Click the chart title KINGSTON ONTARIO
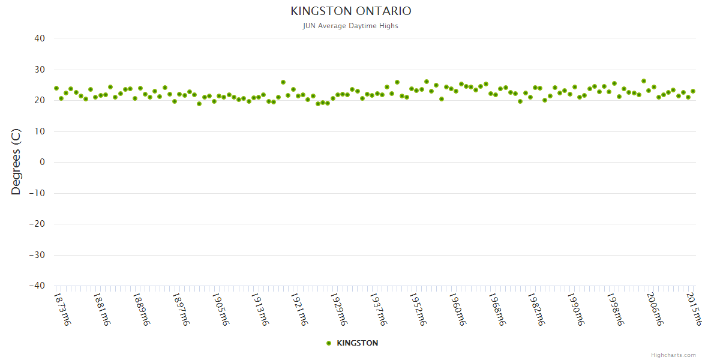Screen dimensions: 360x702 [x=351, y=11]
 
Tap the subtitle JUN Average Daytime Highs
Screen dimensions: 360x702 [x=351, y=26]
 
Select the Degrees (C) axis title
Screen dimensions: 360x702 [x=16, y=162]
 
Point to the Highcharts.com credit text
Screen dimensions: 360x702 [x=673, y=355]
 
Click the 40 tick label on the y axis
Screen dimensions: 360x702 [x=40, y=38]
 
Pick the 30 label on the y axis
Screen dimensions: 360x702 [x=40, y=70]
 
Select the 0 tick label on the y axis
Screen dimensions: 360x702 [x=42, y=162]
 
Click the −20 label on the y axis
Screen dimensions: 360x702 [x=37, y=224]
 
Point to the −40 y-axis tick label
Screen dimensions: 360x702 [x=37, y=286]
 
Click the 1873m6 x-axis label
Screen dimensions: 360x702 [x=62, y=309]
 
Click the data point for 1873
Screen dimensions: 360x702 [x=56, y=88]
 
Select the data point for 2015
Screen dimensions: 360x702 [x=693, y=91]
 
